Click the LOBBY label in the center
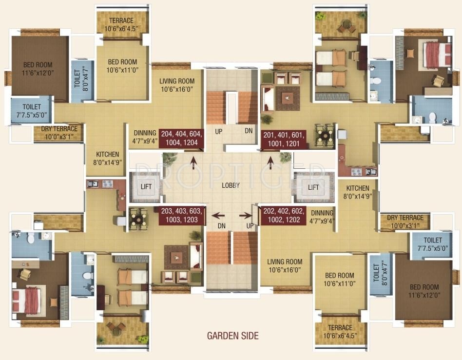(x=231, y=186)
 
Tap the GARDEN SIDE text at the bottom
(x=232, y=336)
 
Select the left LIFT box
(x=146, y=187)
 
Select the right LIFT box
(x=313, y=187)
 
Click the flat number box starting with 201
(x=284, y=140)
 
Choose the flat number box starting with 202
(x=284, y=216)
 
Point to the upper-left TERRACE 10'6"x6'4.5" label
(x=121, y=24)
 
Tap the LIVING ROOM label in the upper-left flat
(x=177, y=85)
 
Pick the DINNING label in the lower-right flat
(x=322, y=217)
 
